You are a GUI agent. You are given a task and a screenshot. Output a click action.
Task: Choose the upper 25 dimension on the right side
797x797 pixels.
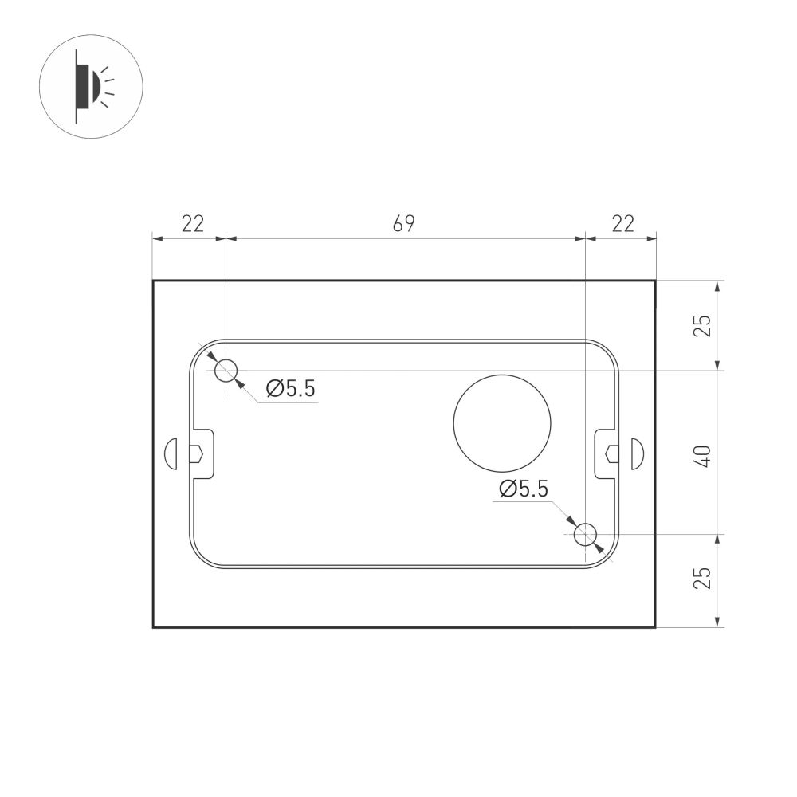[701, 325]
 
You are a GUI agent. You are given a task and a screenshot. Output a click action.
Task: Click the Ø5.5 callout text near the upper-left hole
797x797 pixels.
[291, 389]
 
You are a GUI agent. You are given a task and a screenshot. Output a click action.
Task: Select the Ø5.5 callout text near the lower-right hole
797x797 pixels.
[523, 489]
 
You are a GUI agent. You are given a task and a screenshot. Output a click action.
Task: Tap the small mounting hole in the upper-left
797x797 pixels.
[227, 371]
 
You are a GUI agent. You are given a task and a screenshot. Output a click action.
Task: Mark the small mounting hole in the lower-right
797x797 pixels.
[586, 534]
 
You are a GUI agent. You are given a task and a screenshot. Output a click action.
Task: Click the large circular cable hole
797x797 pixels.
[502, 422]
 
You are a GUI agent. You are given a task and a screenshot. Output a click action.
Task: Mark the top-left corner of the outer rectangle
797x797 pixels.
[153, 281]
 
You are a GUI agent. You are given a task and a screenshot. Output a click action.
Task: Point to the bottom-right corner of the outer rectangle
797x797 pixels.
[655, 627]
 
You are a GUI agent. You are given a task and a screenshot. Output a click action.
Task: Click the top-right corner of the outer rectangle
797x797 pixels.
[655, 281]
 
